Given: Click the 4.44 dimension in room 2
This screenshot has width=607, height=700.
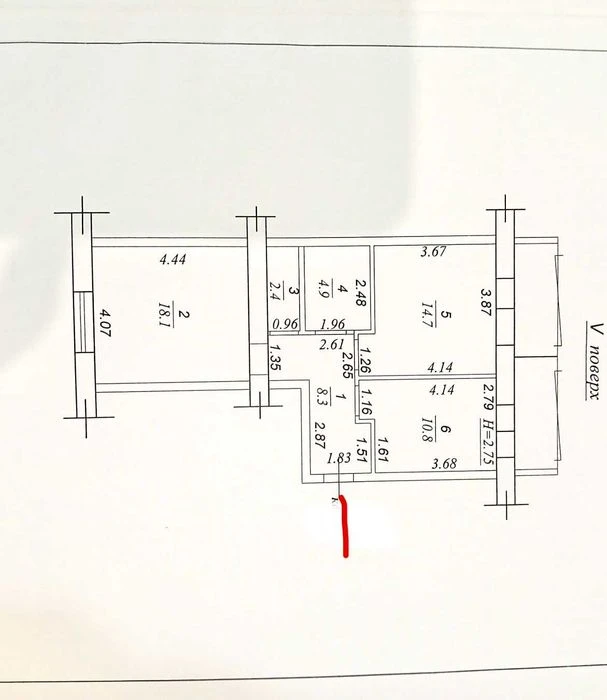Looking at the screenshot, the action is pyautogui.click(x=173, y=259).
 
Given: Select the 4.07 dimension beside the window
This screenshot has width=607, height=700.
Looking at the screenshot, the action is pyautogui.click(x=104, y=322).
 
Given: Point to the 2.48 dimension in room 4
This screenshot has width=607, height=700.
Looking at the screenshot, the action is pyautogui.click(x=360, y=292).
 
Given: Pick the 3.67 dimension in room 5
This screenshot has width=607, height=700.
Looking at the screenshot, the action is pyautogui.click(x=433, y=251).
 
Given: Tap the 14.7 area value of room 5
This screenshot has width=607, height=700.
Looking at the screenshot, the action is pyautogui.click(x=428, y=314).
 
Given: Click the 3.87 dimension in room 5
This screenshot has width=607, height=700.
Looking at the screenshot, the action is pyautogui.click(x=486, y=302).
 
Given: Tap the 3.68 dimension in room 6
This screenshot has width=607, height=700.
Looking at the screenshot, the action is pyautogui.click(x=444, y=463).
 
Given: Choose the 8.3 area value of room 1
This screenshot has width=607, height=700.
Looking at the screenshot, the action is pyautogui.click(x=322, y=396).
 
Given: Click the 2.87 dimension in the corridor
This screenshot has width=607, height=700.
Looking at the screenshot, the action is pyautogui.click(x=320, y=435).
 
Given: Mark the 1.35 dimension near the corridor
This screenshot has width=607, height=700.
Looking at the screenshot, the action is pyautogui.click(x=275, y=357).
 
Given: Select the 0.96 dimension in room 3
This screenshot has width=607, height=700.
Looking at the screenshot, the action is pyautogui.click(x=285, y=324).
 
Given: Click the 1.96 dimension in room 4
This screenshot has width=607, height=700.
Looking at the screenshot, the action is pyautogui.click(x=333, y=324).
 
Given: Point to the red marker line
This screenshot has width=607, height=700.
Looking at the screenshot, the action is pyautogui.click(x=345, y=526).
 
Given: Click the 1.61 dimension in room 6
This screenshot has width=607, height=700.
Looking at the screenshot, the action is pyautogui.click(x=383, y=449).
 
